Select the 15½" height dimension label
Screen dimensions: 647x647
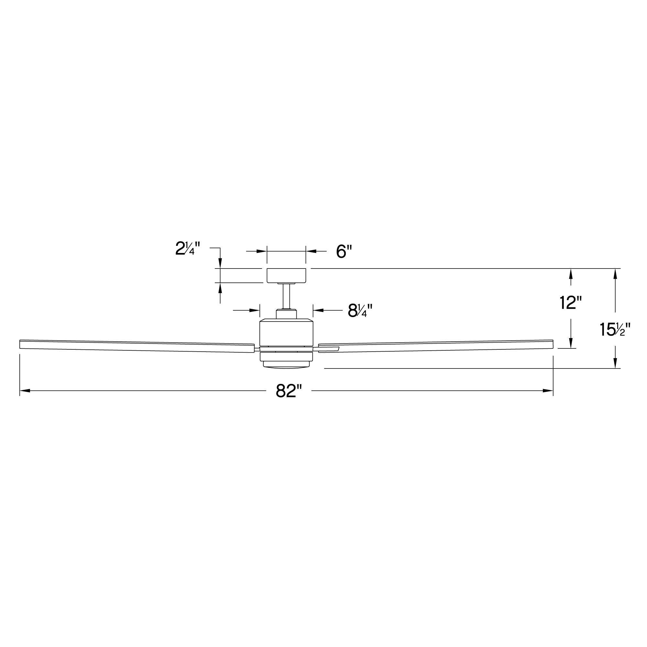tap(615, 330)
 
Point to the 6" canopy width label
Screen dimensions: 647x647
tap(344, 251)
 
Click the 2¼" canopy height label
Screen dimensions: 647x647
tap(188, 249)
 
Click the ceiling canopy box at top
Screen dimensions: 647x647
tap(286, 275)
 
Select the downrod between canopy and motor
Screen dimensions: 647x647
tap(286, 296)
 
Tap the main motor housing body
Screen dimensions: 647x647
tap(286, 332)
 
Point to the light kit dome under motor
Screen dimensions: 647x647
tap(286, 365)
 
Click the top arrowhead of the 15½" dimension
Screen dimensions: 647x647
tap(615, 273)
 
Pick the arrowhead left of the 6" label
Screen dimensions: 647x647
tap(262, 251)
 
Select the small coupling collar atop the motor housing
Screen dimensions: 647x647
tap(286, 314)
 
